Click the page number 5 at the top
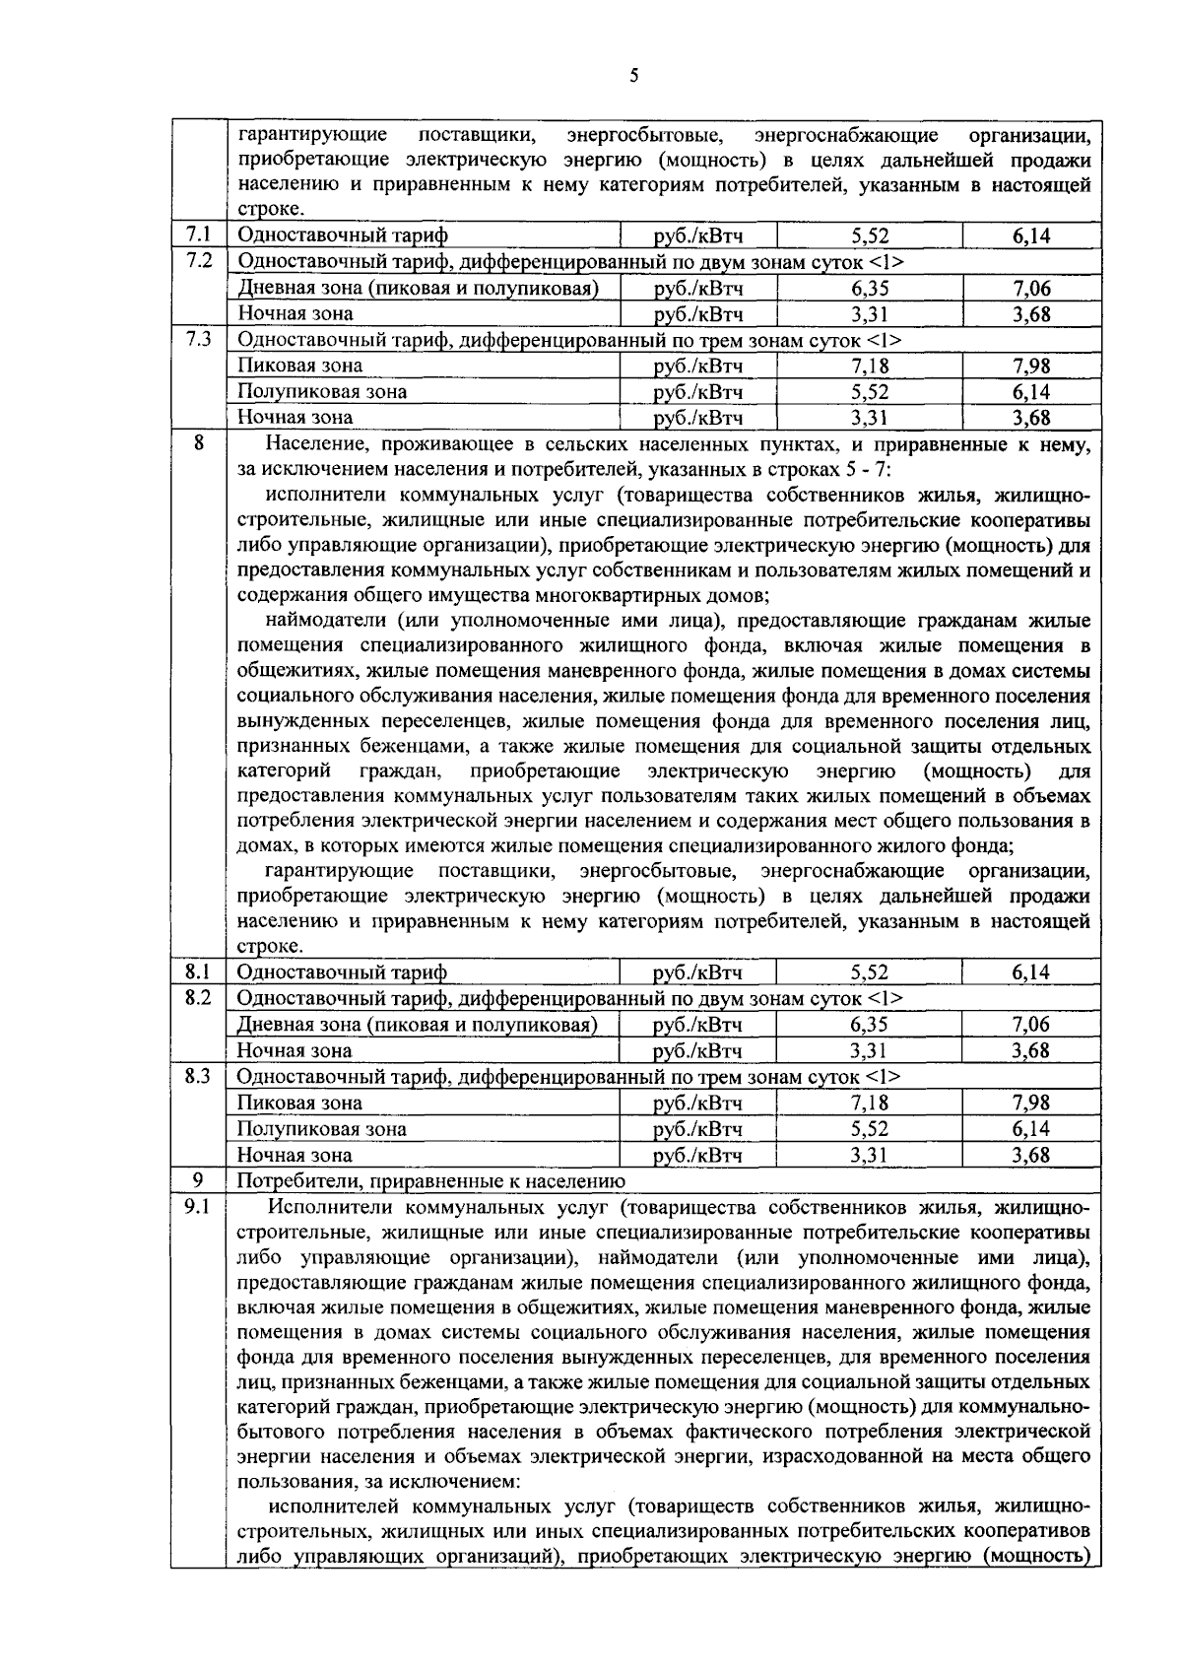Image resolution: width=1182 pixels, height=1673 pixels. (633, 76)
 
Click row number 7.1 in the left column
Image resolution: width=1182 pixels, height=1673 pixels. (198, 234)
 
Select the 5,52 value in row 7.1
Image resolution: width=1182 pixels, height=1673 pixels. (870, 236)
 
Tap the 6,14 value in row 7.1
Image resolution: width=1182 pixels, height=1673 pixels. (1031, 236)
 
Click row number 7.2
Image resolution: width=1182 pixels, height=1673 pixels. (198, 260)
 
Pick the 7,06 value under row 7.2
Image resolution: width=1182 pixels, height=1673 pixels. (1031, 289)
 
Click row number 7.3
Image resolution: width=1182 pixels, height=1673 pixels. (198, 339)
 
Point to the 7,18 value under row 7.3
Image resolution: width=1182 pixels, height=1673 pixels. (870, 367)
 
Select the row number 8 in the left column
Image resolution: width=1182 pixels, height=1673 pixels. (198, 443)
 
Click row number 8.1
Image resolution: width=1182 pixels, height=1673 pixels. (198, 971)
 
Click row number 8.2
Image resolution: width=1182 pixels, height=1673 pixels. (198, 997)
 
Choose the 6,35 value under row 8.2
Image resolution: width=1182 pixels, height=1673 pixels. (870, 1025)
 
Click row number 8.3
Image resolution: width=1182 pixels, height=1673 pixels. (198, 1076)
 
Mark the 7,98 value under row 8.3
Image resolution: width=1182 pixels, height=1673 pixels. (1031, 1103)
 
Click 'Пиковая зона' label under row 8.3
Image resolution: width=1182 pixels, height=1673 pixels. (299, 1104)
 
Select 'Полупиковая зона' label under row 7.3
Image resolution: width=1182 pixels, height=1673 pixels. (322, 392)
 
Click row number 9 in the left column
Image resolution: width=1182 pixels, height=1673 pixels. (198, 1179)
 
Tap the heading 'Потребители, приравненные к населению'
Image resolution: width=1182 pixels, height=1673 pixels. (431, 1181)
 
